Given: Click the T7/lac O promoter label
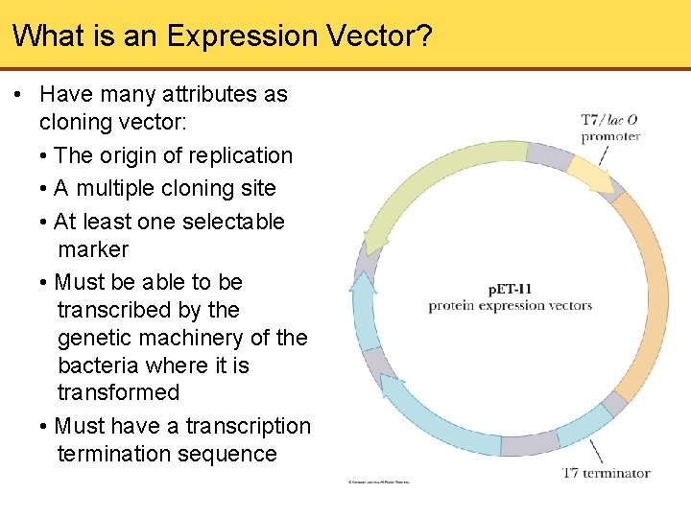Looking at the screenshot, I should tap(609, 128).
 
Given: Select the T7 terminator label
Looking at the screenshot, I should tap(606, 472).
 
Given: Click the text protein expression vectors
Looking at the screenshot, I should tap(510, 306).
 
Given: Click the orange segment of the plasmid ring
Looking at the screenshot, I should tap(647, 288).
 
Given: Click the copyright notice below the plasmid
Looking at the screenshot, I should tap(378, 482).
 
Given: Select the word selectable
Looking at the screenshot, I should tap(229, 222).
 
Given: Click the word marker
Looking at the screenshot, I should tap(93, 249).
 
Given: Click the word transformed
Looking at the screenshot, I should tap(118, 393).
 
